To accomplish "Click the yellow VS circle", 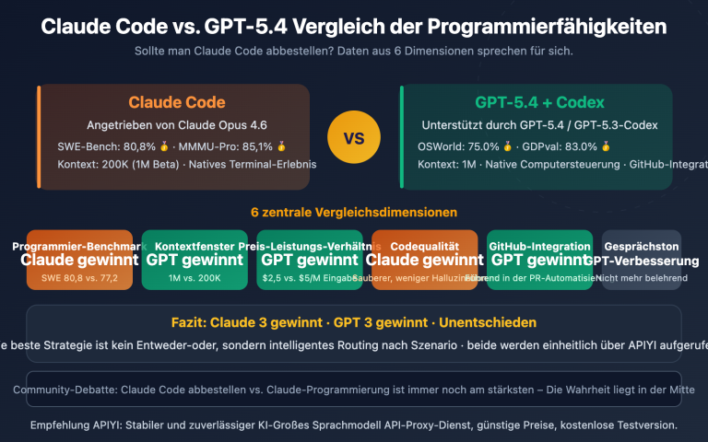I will (354, 138).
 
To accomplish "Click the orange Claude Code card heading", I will (177, 102).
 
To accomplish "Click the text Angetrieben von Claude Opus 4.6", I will (177, 125).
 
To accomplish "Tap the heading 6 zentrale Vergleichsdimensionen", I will (354, 212).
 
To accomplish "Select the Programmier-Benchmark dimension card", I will (80, 261).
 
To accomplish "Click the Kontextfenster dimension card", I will (195, 261).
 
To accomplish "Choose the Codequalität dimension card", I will (425, 261).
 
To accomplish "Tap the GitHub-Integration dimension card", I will (540, 261).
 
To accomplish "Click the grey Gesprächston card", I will (642, 261).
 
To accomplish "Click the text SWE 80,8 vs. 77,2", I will (80, 277).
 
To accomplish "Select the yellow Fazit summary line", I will (354, 322).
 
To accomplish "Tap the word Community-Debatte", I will (65, 390).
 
